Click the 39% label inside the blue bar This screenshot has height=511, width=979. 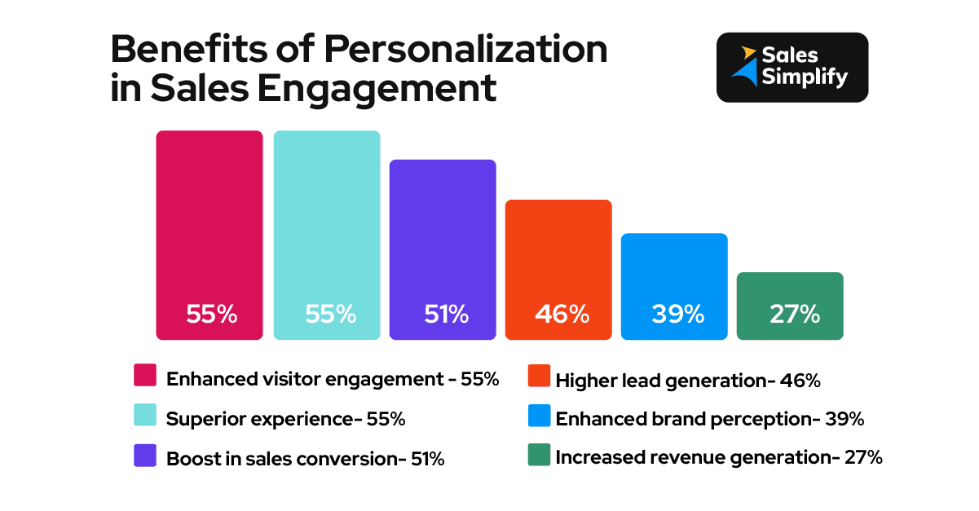point(677,314)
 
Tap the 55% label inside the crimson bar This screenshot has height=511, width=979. point(211,314)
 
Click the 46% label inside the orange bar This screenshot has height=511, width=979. point(561,314)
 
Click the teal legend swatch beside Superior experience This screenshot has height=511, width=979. point(144,415)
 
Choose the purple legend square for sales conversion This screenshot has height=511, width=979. point(144,455)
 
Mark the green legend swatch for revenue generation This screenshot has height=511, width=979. point(539,455)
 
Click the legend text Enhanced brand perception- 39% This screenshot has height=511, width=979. point(709,419)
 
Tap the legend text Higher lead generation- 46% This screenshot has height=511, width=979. point(687,380)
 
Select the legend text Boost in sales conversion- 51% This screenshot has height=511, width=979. point(305,459)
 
